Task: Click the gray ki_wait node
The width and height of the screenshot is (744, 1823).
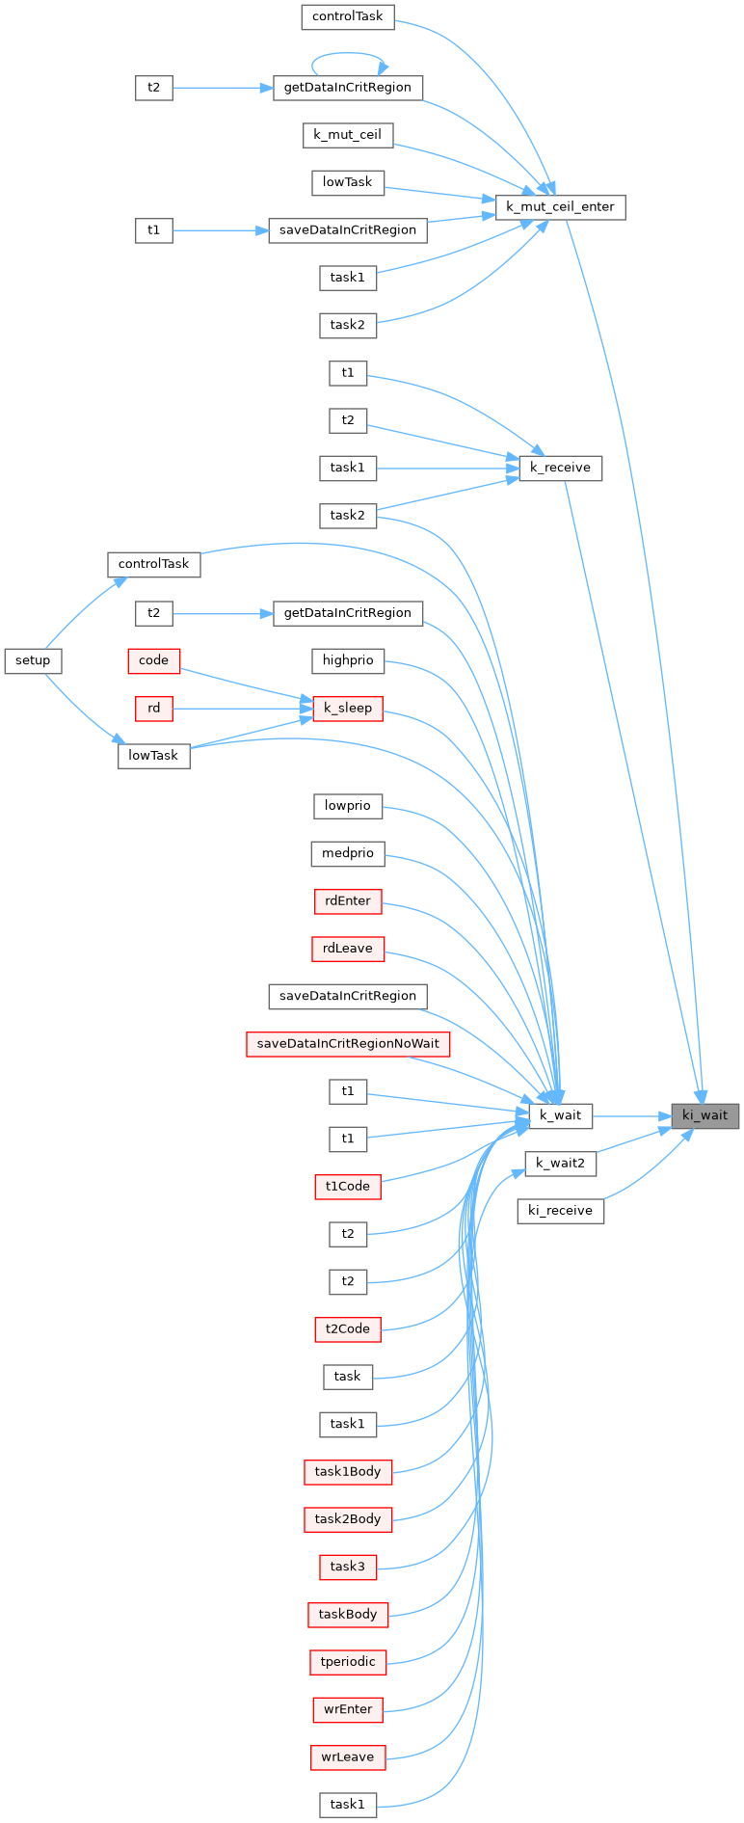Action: point(705,1115)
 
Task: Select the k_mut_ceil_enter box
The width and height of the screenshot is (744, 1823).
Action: point(560,206)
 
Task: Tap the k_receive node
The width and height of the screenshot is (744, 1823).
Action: point(560,468)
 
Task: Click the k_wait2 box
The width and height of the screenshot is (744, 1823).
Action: point(560,1163)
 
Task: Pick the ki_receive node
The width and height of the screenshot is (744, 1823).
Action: point(560,1210)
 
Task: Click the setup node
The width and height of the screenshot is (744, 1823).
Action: point(33,660)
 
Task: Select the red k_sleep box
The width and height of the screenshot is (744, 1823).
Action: point(348,708)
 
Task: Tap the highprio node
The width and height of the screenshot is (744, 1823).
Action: point(348,660)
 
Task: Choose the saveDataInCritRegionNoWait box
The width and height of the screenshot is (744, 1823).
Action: point(348,1044)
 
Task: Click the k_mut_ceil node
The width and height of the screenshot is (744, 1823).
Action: point(348,135)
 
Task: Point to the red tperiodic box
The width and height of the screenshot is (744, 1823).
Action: point(348,1662)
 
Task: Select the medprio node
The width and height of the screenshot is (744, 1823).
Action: point(348,853)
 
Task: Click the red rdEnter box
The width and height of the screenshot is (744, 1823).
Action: point(348,900)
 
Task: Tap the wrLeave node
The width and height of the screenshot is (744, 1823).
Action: point(348,1756)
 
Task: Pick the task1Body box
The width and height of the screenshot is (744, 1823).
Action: point(348,1472)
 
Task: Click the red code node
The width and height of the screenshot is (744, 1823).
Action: point(154,660)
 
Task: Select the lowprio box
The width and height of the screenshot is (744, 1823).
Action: point(348,805)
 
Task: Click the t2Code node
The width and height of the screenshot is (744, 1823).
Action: point(348,1328)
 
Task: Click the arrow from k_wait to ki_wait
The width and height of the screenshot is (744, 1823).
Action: point(631,1116)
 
